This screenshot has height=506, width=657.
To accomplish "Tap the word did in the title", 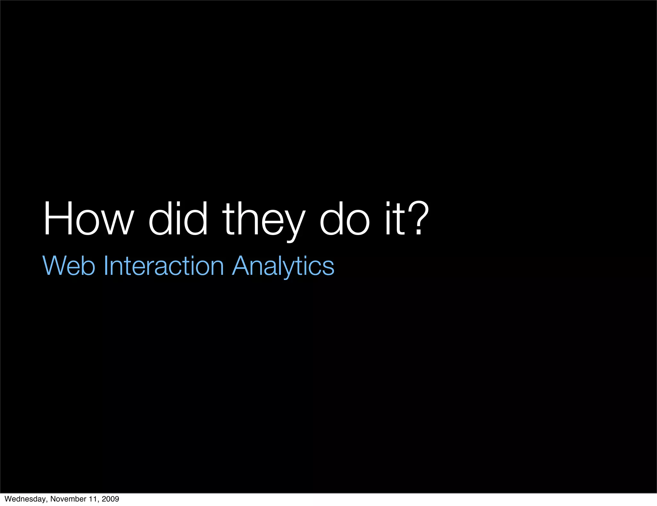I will click(x=178, y=219).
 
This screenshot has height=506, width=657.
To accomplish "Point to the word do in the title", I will click(x=345, y=219).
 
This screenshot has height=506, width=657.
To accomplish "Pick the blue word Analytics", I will click(x=283, y=266).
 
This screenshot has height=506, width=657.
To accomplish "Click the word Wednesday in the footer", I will click(x=25, y=499).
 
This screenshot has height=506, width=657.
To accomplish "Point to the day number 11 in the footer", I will click(x=93, y=499).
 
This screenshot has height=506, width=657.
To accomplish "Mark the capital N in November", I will click(x=53, y=499).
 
